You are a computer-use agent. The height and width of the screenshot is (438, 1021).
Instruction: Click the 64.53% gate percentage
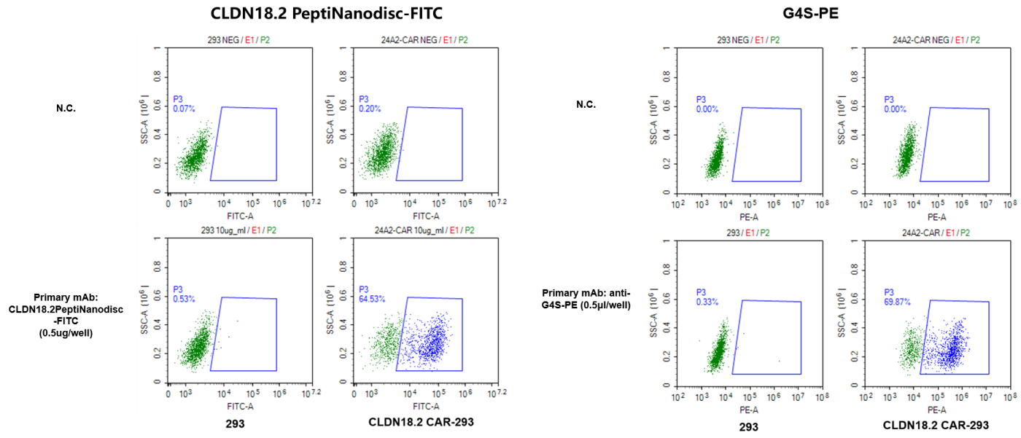372,299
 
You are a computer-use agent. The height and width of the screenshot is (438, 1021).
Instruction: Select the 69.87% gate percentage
898,301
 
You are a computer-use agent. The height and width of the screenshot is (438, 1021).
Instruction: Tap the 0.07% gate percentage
183,109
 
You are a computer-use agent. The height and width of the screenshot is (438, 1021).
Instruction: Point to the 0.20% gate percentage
368,109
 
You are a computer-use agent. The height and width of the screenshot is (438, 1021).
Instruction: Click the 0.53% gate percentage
183,299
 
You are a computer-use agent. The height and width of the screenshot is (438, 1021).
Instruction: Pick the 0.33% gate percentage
707,301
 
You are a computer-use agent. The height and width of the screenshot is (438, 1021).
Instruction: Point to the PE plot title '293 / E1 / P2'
748,232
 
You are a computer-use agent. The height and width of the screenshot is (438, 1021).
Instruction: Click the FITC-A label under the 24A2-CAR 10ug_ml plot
426,406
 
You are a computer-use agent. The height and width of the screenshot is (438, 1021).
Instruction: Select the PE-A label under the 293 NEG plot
749,216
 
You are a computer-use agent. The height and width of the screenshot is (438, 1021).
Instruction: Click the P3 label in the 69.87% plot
890,292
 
